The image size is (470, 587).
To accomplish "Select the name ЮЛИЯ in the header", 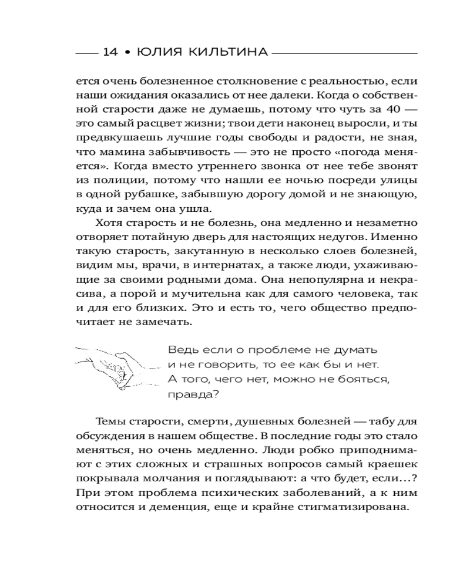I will click(x=155, y=52).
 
